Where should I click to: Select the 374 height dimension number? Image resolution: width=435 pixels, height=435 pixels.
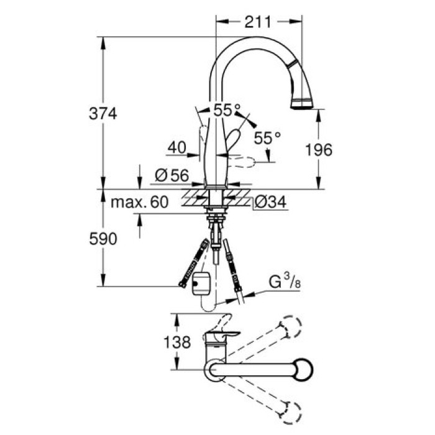[x=104, y=113]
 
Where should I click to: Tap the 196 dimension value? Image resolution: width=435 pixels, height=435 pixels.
[x=319, y=149]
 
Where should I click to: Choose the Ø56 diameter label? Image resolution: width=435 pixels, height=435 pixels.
[x=170, y=176]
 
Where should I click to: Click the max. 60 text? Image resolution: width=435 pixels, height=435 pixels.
[x=141, y=203]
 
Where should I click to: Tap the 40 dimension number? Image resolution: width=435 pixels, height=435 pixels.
[x=177, y=148]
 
